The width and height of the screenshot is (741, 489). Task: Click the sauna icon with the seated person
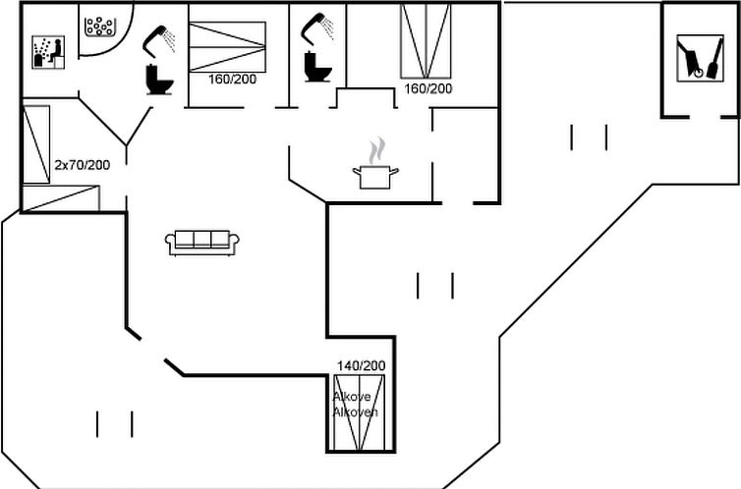pyautogui.click(x=48, y=52)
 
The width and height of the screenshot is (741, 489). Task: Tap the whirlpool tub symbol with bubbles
pyautogui.click(x=100, y=27)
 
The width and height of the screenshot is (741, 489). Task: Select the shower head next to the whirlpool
pyautogui.click(x=159, y=39)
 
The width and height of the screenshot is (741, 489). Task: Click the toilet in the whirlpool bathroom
pyautogui.click(x=160, y=79)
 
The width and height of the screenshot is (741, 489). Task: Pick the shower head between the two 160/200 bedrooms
pyautogui.click(x=317, y=29)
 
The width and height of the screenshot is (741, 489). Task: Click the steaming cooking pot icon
pyautogui.click(x=375, y=177)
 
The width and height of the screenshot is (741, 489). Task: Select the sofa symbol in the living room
pyautogui.click(x=202, y=244)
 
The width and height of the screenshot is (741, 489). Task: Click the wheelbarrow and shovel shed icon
pyautogui.click(x=701, y=58)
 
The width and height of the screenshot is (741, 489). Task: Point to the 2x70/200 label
pyautogui.click(x=83, y=165)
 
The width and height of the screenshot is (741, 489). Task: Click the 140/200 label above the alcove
pyautogui.click(x=361, y=365)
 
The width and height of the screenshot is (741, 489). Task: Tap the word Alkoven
pyautogui.click(x=356, y=412)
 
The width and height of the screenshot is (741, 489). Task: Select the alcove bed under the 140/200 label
pyautogui.click(x=359, y=412)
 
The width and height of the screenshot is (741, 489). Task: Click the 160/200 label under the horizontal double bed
pyautogui.click(x=233, y=79)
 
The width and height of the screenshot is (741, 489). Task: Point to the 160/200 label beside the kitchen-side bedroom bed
pyautogui.click(x=428, y=88)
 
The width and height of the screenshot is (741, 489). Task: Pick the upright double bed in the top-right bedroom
pyautogui.click(x=426, y=41)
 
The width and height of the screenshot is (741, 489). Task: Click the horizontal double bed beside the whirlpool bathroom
pyautogui.click(x=227, y=47)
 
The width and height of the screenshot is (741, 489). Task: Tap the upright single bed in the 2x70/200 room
pyautogui.click(x=36, y=144)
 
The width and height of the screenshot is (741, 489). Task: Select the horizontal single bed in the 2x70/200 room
pyautogui.click(x=61, y=198)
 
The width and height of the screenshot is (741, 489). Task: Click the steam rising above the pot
pyautogui.click(x=376, y=150)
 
